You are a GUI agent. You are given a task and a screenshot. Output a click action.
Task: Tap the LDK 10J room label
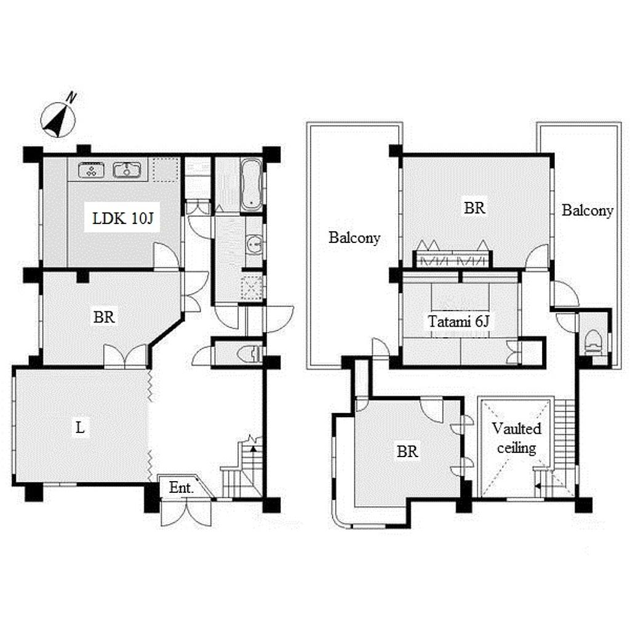122,218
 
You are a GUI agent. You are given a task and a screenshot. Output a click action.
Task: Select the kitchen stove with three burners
91,170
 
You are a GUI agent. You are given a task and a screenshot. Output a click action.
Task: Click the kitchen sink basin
127,170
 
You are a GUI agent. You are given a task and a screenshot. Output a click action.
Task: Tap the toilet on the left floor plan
249,354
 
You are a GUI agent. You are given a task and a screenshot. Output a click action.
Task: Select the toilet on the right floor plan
593,342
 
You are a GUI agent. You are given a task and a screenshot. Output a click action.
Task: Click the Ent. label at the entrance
181,487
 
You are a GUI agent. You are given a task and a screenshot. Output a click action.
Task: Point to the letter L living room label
81,427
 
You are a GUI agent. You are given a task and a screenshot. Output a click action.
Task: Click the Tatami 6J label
458,321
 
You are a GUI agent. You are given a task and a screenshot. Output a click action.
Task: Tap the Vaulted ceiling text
516,438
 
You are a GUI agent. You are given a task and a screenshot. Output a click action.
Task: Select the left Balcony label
354,237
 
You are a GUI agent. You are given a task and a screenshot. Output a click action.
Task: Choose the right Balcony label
588,210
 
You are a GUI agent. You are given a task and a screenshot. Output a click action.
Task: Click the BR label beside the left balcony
474,208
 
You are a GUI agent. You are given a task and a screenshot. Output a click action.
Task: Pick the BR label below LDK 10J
104,317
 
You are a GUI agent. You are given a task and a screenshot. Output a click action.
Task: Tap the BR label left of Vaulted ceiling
407,451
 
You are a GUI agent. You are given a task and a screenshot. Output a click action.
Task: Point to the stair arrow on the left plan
253,449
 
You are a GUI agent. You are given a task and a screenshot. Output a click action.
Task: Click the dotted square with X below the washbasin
251,287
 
